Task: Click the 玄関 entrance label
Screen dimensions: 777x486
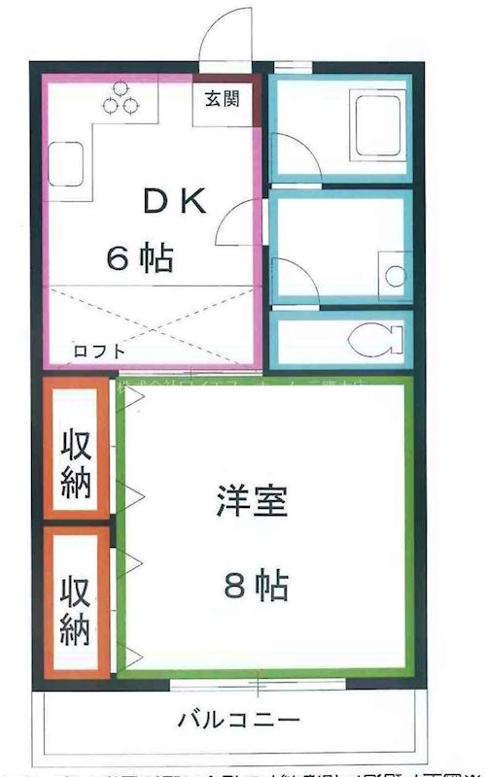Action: pos(223,97)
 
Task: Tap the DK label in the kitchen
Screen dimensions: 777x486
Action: pos(175,201)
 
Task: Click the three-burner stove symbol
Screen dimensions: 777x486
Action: pos(120,97)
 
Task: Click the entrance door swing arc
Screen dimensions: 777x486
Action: pos(222,34)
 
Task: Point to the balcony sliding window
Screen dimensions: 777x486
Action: pos(257,685)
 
